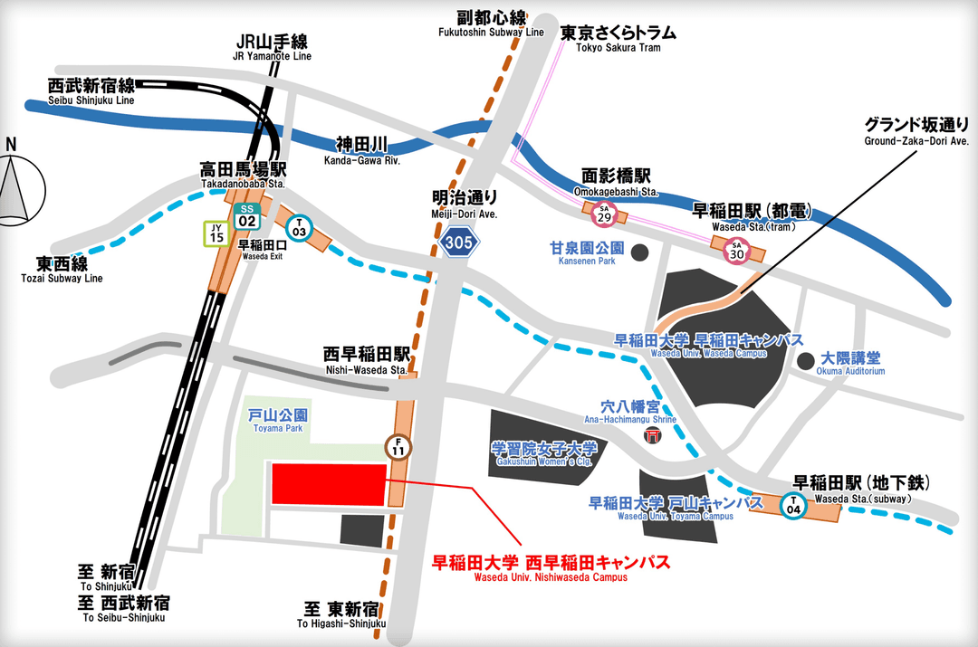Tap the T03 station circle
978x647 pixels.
tap(298, 227)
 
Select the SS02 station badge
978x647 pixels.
tap(245, 215)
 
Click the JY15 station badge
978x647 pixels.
tap(216, 233)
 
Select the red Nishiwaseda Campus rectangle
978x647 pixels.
tap(329, 484)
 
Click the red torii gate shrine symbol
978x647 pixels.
tap(652, 436)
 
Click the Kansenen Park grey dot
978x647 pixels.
tap(640, 251)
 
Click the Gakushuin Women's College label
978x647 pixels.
tap(544, 453)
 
